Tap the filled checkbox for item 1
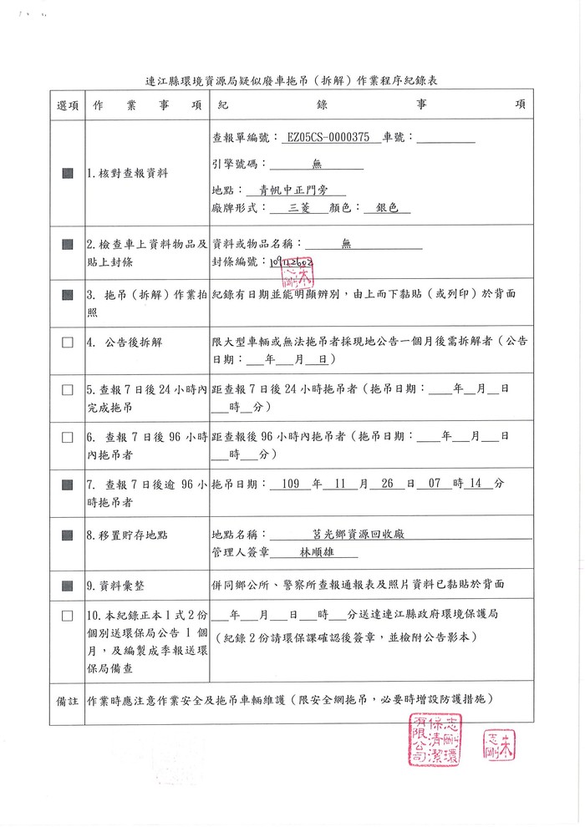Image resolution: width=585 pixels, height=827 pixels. [68, 174]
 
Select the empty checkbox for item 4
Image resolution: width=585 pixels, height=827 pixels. [68, 342]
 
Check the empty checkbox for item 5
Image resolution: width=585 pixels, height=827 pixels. [68, 389]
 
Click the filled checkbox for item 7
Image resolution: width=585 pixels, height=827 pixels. [68, 484]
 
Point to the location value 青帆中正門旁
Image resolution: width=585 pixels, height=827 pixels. [295, 190]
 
